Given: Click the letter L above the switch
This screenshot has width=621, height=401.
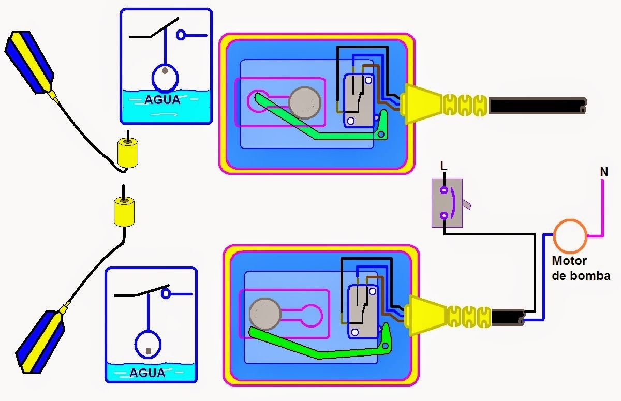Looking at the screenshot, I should (x=442, y=166).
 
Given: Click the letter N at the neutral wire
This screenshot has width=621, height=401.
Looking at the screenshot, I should (x=604, y=171).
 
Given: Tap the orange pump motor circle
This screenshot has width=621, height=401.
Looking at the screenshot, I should (x=570, y=235).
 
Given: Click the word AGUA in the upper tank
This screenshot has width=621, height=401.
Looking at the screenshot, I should (x=162, y=99).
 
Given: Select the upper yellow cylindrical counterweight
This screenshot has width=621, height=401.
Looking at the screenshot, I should (x=127, y=154).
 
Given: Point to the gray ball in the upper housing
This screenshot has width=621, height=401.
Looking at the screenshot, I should (x=305, y=102).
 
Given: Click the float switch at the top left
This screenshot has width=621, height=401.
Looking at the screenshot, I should (x=29, y=62).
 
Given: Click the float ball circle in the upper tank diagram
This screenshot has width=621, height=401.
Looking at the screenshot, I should (x=165, y=78).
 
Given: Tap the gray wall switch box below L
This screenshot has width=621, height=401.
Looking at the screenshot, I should (x=447, y=203).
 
